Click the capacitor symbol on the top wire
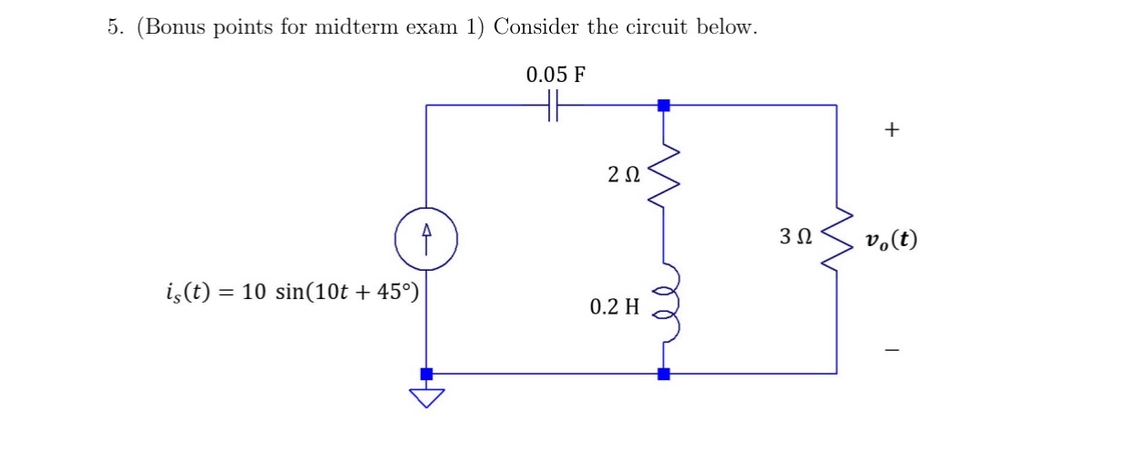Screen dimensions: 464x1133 coord(553,105)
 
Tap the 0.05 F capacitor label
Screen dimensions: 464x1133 coord(556,75)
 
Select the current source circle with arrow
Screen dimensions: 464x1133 coord(426,241)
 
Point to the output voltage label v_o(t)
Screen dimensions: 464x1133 coord(892,240)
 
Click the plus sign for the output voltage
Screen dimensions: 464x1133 coord(892,130)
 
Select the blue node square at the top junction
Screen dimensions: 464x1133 coord(664,106)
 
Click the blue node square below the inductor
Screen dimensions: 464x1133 coord(664,373)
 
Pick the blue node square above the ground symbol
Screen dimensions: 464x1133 coord(426,373)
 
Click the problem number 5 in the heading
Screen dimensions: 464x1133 coord(112,27)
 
